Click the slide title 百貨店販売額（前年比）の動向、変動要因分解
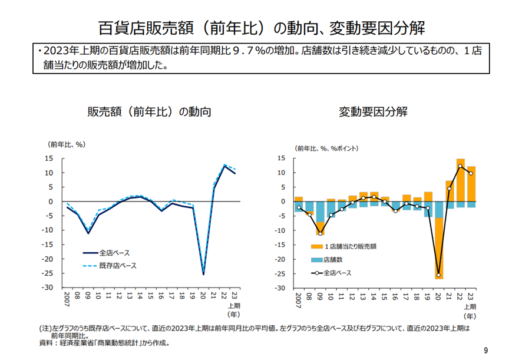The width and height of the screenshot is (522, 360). [260, 28]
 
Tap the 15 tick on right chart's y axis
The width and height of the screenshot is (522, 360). [282, 158]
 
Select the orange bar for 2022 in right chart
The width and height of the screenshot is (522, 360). [461, 180]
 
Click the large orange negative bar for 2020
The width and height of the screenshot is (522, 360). [439, 247]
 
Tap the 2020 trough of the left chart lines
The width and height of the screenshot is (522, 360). [203, 273]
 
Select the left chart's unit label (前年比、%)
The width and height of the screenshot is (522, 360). [67, 144]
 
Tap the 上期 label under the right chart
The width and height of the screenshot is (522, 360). [470, 306]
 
